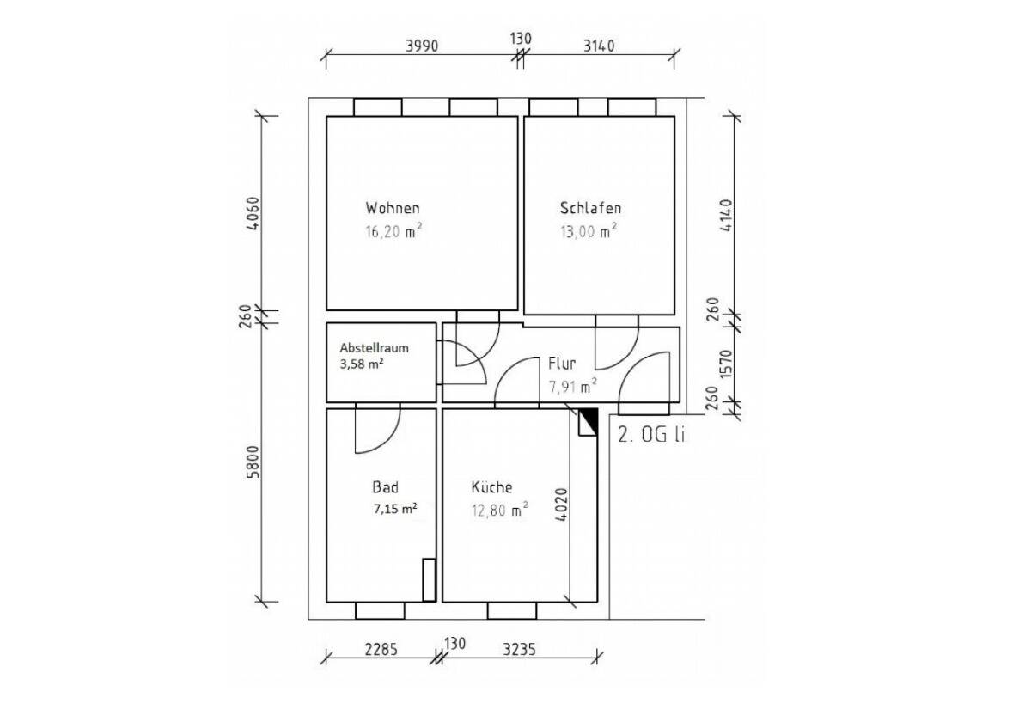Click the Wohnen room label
coord(393,208)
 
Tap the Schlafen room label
coord(590,208)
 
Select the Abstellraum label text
coord(375,347)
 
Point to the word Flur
coord(562,364)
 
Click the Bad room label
coord(385,486)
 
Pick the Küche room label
coord(491,486)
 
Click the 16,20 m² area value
coord(393,230)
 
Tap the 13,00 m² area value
coord(589,230)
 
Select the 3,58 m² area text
coord(362,364)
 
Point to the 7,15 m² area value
coord(395,509)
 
